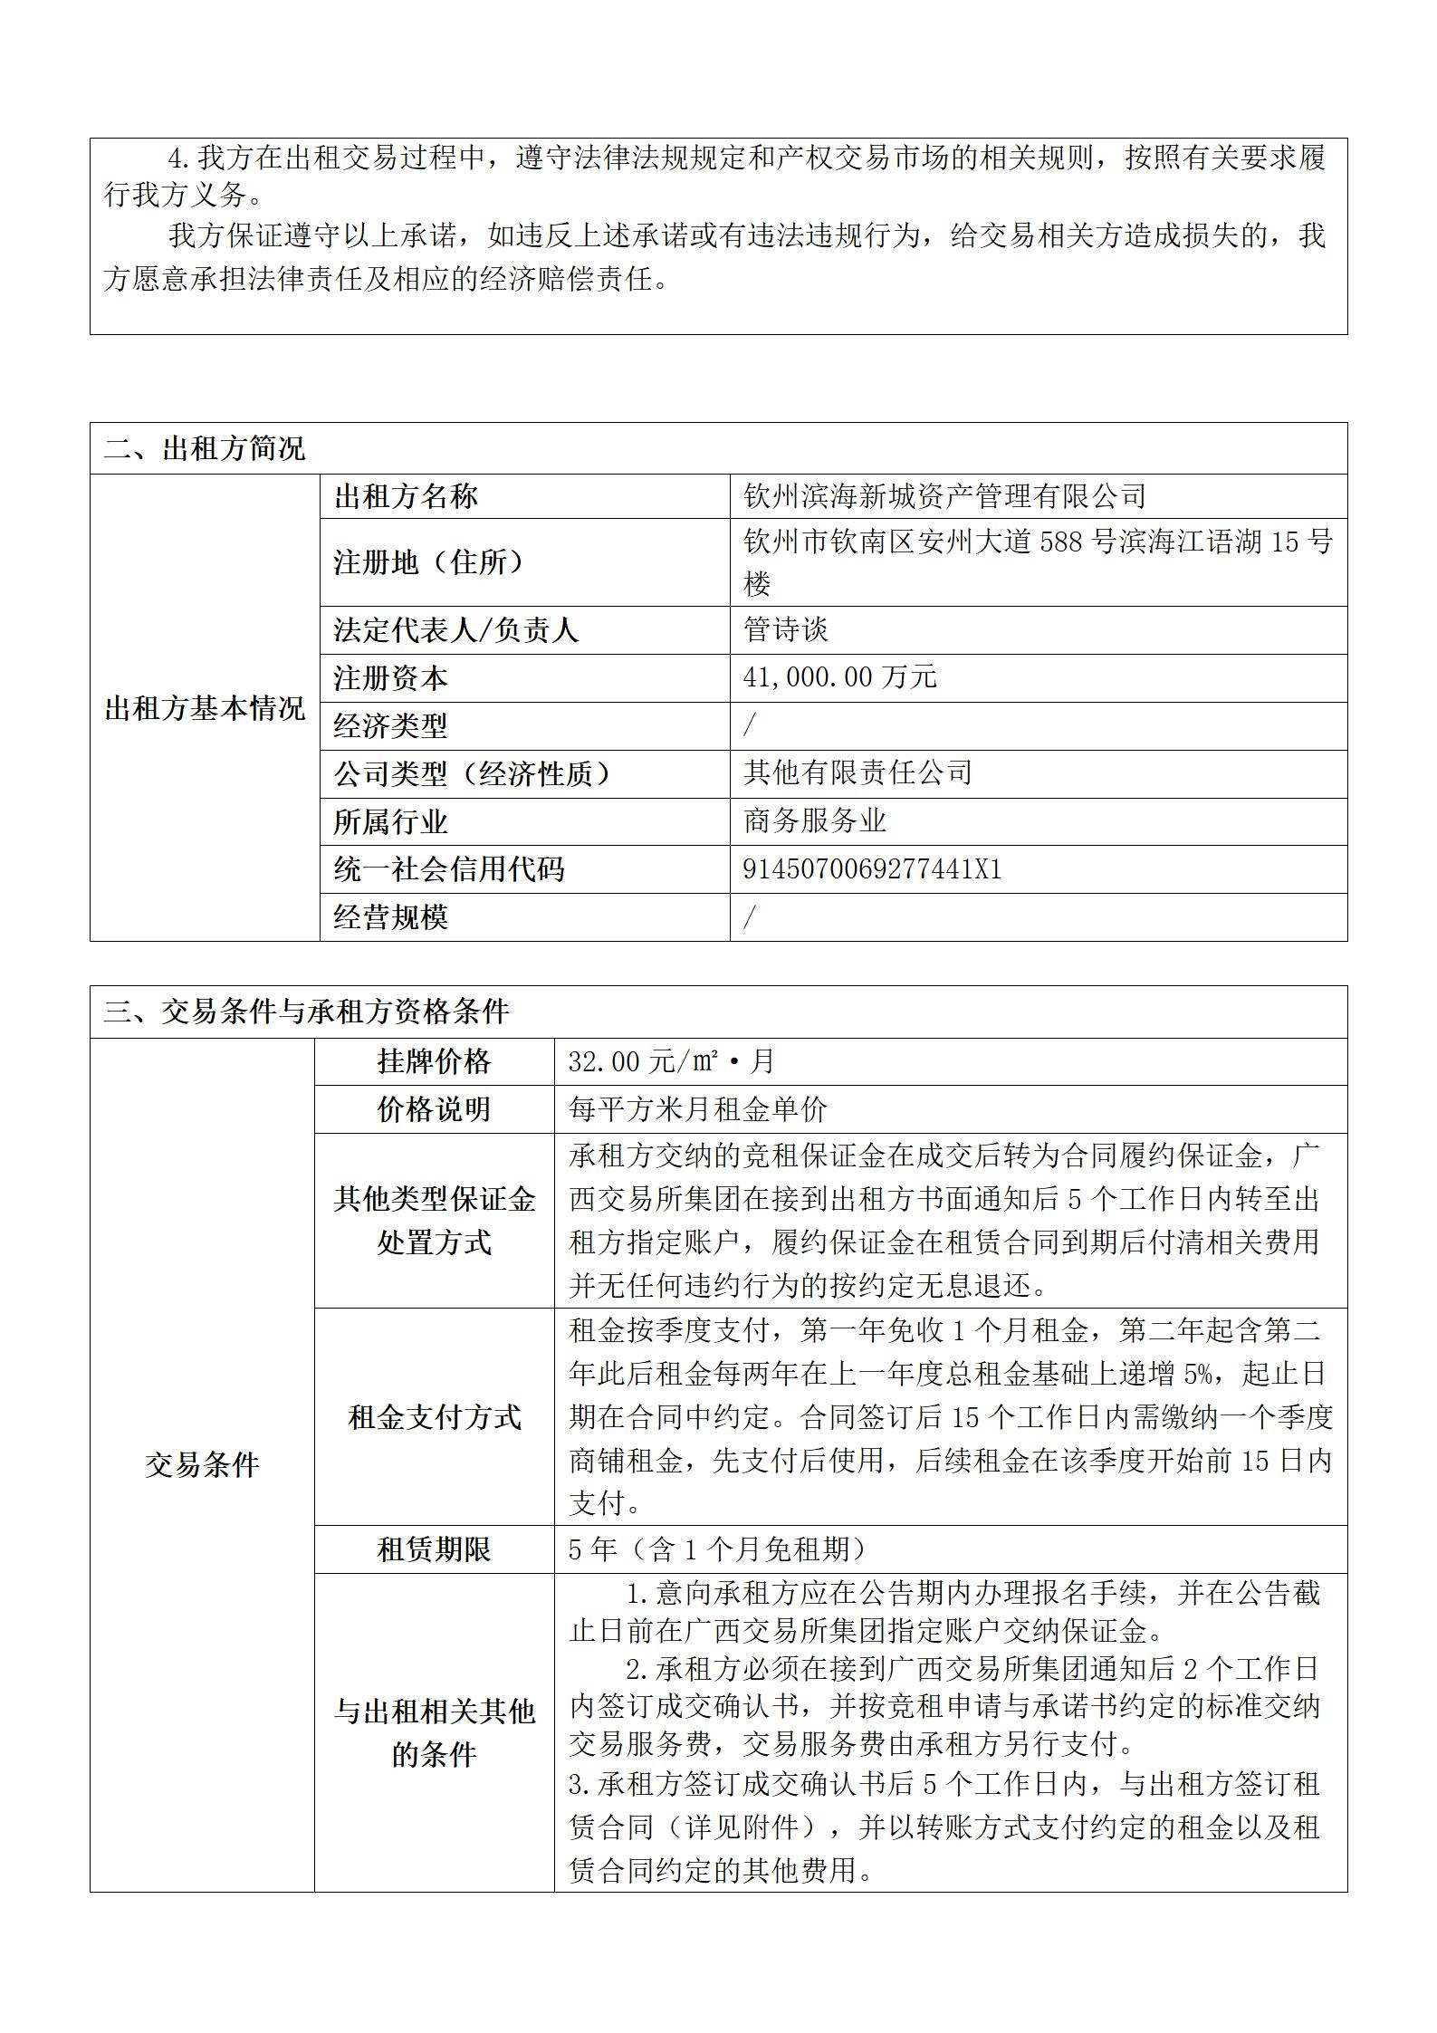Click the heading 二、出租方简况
(206, 448)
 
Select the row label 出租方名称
(406, 496)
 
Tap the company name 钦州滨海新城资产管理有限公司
(944, 496)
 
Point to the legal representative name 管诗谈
(786, 629)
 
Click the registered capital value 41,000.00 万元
(839, 677)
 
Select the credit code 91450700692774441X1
(872, 869)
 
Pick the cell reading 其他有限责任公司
(857, 772)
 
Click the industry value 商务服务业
(814, 821)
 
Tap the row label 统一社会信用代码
(449, 869)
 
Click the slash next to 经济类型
(749, 725)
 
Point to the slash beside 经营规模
(749, 917)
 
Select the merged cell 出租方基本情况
(205, 708)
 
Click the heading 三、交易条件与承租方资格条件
(307, 1012)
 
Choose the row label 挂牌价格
(434, 1061)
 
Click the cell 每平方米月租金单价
(698, 1109)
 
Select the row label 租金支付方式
(434, 1417)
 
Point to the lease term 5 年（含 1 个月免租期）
(716, 1549)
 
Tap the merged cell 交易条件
(202, 1464)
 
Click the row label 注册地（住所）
(429, 562)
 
